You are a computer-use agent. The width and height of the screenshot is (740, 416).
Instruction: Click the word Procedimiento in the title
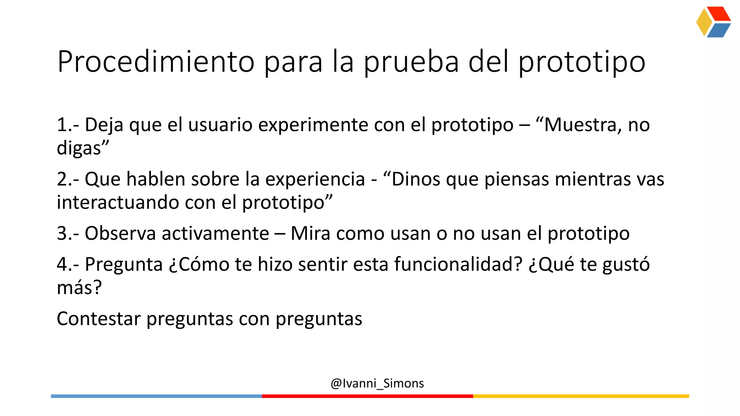click(x=156, y=62)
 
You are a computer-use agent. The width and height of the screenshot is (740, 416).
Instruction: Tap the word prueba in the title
click(x=411, y=62)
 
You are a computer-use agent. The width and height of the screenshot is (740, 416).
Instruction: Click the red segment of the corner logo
click(x=719, y=14)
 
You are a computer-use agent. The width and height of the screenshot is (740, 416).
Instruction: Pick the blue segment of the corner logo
click(x=718, y=31)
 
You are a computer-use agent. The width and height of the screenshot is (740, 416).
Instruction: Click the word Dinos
click(x=416, y=179)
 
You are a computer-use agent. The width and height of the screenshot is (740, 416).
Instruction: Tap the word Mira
click(x=310, y=233)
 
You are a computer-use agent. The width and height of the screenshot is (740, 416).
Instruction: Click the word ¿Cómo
click(x=199, y=264)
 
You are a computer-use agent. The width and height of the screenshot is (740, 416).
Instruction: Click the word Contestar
click(x=99, y=319)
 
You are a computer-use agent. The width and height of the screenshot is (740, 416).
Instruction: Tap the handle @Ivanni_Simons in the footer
click(x=377, y=383)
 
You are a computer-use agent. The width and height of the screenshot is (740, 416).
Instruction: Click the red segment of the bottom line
click(x=367, y=396)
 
